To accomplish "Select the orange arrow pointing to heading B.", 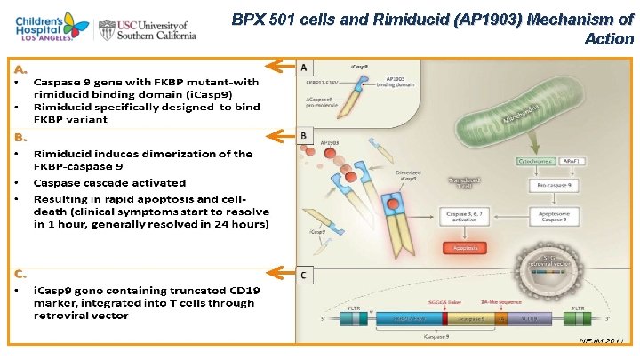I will click(281, 136).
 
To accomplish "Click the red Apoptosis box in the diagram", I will click(468, 247).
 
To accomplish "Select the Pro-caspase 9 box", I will click(542, 187).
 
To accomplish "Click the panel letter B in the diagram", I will click(306, 135).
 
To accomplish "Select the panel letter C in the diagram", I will click(306, 275).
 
